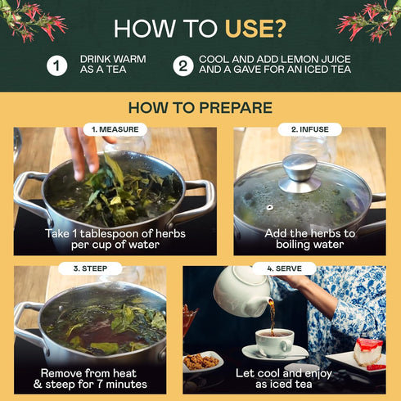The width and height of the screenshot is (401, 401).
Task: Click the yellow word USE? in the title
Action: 255,29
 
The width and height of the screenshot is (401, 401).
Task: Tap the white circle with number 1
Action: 56,65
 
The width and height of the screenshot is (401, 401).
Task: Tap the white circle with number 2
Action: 183,65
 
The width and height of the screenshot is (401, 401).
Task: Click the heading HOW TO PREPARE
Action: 200,107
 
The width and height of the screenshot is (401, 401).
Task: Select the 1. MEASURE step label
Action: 115,129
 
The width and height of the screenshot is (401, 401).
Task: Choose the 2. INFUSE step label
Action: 310,129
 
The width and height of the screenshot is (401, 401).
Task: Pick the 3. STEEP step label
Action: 90,268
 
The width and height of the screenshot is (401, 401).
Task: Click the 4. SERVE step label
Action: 285,268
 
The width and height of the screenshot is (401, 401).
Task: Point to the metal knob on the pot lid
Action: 300,173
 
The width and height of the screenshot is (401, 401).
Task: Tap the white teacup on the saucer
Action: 274,343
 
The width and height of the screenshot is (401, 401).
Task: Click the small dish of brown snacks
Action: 202,362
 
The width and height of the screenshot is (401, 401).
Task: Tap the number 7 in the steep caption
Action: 100,384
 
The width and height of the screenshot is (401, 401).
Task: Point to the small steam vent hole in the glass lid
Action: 270,208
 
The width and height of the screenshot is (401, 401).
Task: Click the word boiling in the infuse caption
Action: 295,245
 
